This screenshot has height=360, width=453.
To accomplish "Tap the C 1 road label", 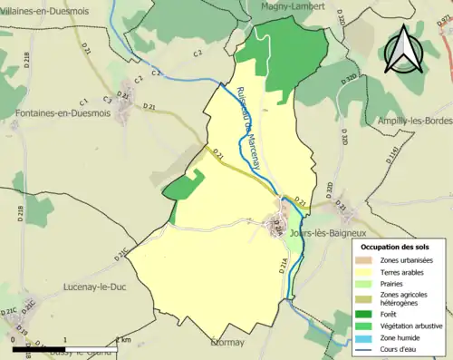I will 84,101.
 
